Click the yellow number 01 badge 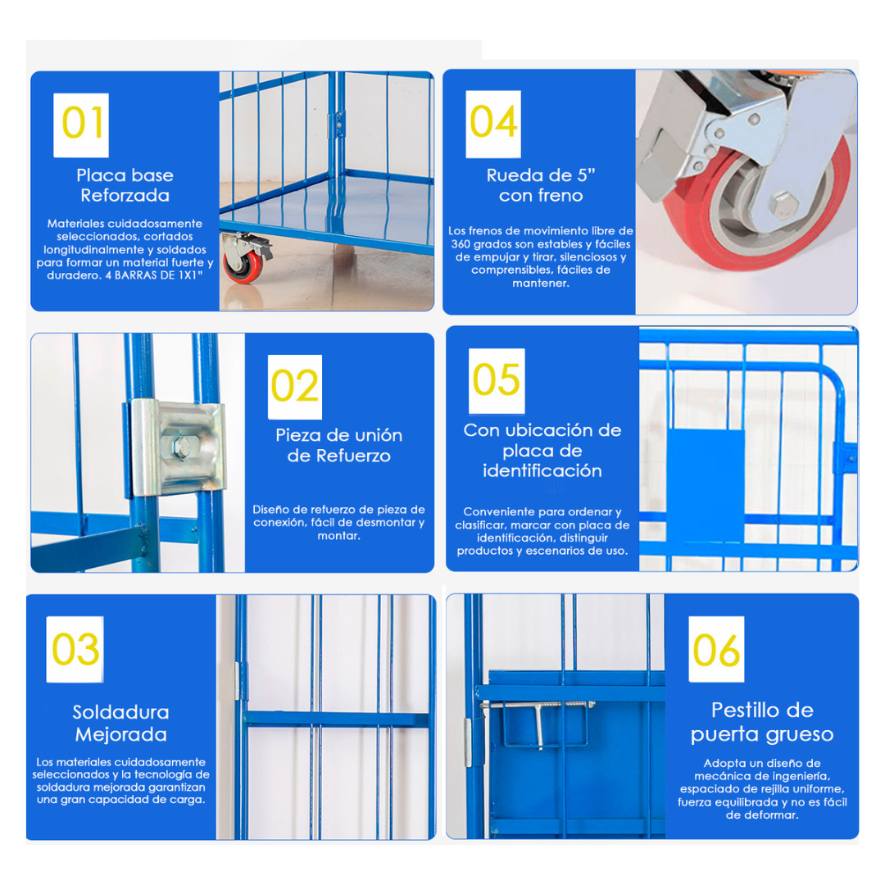[80, 125]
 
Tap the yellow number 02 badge [295, 387]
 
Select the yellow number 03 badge [75, 650]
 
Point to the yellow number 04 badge [493, 124]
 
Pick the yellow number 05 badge [497, 381]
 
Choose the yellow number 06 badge [716, 650]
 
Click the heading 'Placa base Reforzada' [125, 185]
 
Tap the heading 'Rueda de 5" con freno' [541, 185]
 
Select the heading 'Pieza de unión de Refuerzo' [338, 445]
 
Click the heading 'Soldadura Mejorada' [120, 723]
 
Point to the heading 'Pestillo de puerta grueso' [762, 722]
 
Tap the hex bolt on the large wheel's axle [783, 204]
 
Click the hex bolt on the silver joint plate [182, 447]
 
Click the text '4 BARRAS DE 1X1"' [154, 275]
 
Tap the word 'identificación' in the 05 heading [542, 470]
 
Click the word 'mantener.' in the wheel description [541, 284]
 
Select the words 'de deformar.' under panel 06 [762, 815]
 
